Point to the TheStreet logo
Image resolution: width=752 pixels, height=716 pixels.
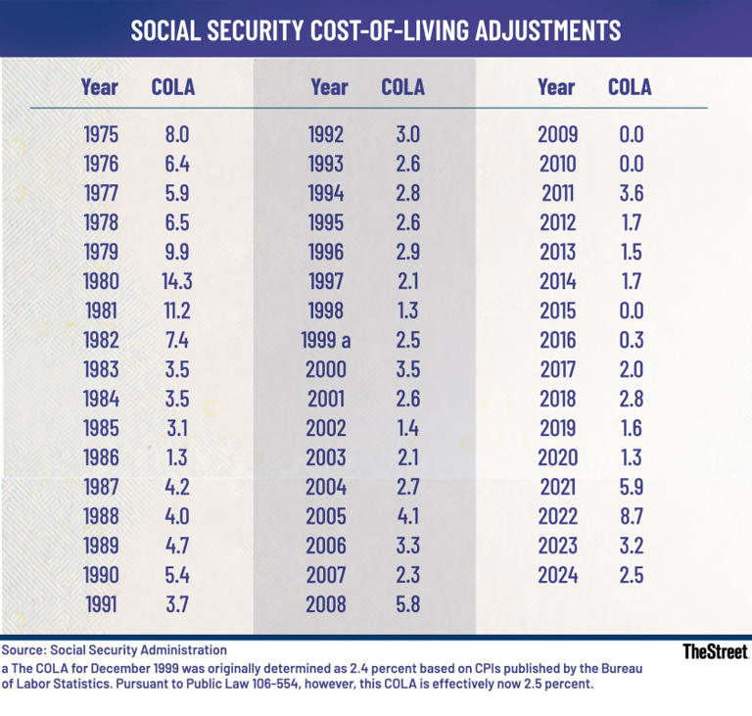coord(714,651)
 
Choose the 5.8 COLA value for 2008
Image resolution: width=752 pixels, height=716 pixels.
coord(401,605)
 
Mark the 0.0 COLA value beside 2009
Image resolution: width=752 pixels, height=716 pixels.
coord(631,135)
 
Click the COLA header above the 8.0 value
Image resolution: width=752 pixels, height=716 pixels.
coord(172,87)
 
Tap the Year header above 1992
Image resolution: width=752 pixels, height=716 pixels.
coord(328,87)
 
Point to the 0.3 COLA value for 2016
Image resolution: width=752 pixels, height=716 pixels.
coord(631,341)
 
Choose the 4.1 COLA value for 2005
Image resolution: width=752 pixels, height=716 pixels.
coord(401,517)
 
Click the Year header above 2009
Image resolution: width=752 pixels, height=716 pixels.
coord(556,87)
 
